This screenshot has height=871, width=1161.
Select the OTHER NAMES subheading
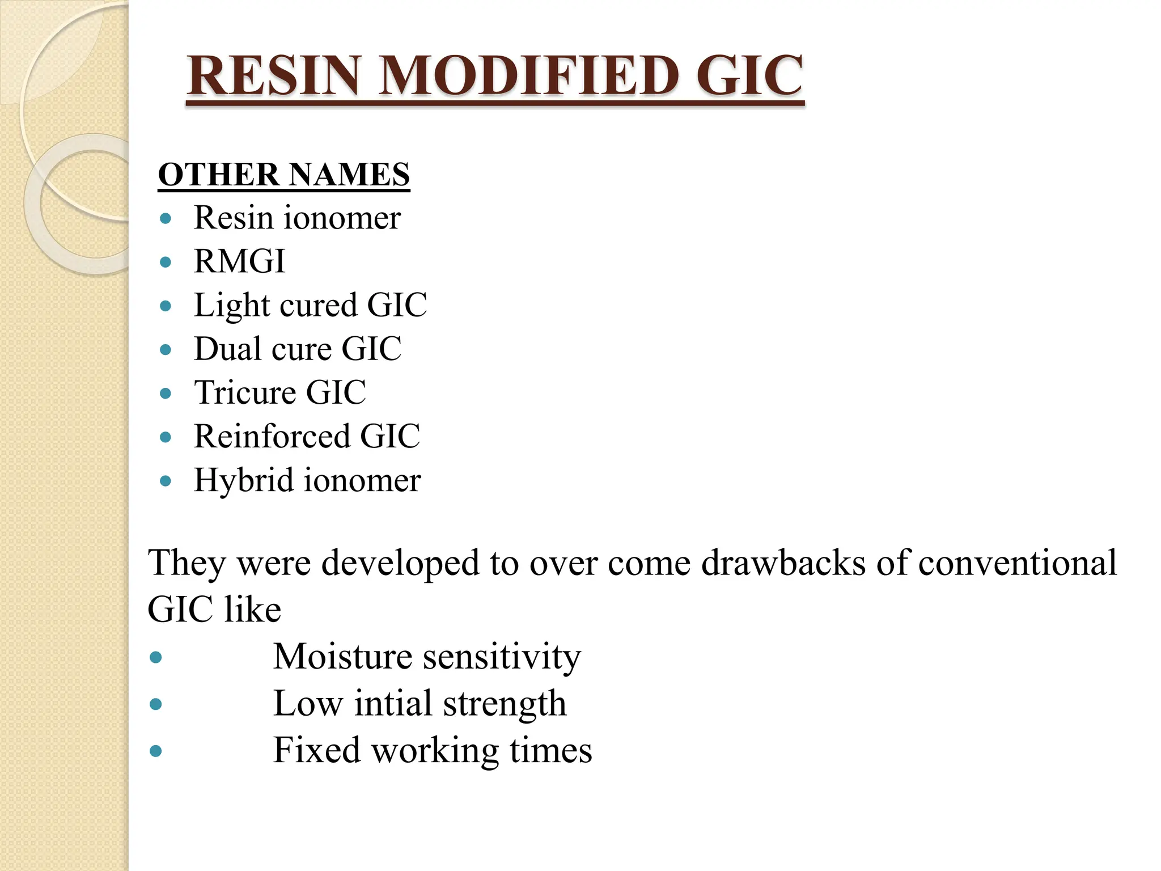[283, 174]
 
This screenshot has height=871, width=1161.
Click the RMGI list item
[239, 261]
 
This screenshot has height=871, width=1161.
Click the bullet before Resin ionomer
[166, 218]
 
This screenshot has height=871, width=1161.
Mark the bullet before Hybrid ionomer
[166, 481]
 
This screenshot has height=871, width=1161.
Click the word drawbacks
[783, 563]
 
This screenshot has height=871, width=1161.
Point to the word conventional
[1018, 563]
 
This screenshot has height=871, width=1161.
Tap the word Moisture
[342, 657]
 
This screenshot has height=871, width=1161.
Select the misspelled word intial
[393, 704]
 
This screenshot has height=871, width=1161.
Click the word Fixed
[317, 750]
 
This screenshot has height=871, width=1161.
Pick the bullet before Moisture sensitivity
[156, 658]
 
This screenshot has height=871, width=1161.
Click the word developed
[400, 564]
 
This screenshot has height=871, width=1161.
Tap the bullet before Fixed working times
[156, 751]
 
